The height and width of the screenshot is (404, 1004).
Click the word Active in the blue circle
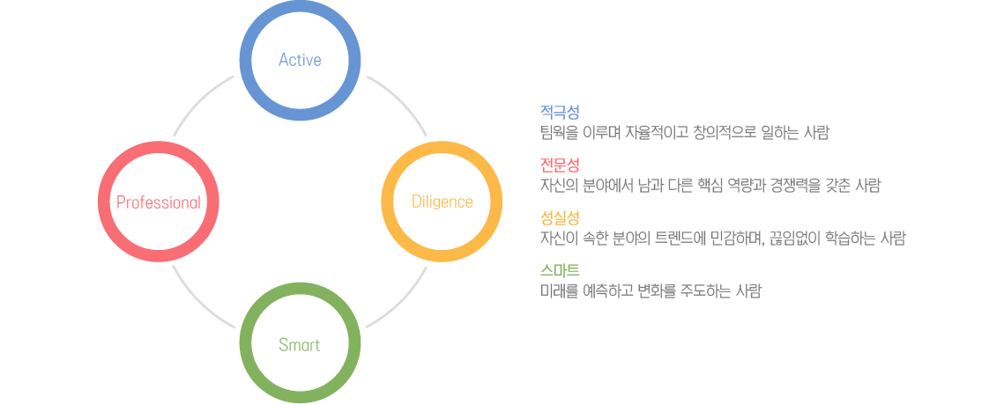300,60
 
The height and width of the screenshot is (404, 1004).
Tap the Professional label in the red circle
158,202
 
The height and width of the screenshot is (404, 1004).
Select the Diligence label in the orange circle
442,202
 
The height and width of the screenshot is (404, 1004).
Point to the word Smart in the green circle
299,345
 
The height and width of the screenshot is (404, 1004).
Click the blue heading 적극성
560,113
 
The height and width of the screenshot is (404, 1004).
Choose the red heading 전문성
560,165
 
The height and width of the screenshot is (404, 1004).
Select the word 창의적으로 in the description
722,134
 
